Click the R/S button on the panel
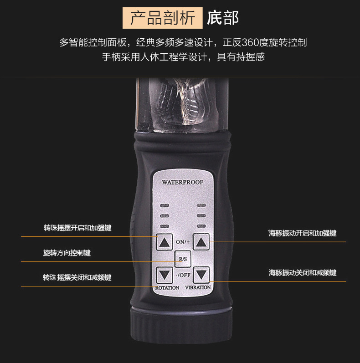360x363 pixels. point(183,259)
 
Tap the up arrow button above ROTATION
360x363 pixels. point(164,242)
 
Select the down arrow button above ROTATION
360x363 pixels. point(164,275)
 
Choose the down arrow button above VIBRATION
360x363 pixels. point(201,275)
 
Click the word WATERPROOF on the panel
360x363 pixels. point(183,182)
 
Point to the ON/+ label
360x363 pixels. point(183,242)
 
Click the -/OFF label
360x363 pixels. point(183,275)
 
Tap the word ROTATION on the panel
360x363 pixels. point(167,288)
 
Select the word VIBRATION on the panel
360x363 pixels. point(198,287)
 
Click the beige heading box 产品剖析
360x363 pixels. point(163,18)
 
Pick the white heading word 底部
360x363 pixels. point(223,18)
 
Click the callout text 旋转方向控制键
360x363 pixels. point(67,253)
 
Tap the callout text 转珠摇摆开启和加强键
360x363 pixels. point(77,228)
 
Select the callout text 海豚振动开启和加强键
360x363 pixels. point(303,233)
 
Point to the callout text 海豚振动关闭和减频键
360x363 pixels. point(303,273)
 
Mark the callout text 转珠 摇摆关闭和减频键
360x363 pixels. point(77,277)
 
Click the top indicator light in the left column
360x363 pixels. point(165,205)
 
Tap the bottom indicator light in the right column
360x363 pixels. point(201,226)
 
